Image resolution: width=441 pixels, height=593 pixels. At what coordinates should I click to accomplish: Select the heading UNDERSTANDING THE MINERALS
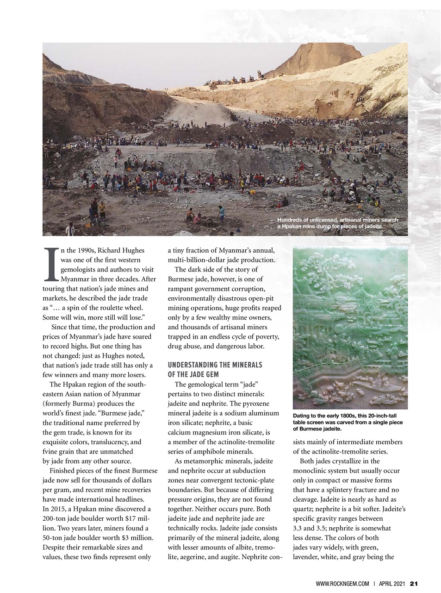point(215,365)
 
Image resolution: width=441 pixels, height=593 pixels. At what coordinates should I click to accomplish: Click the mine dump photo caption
point(337,223)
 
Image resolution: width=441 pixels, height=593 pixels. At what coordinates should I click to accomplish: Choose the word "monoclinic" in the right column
point(310,471)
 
